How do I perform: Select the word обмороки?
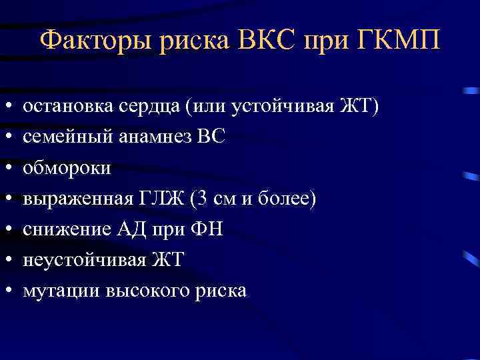[67, 167]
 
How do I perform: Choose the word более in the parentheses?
[286, 198]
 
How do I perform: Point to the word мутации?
[57, 290]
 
